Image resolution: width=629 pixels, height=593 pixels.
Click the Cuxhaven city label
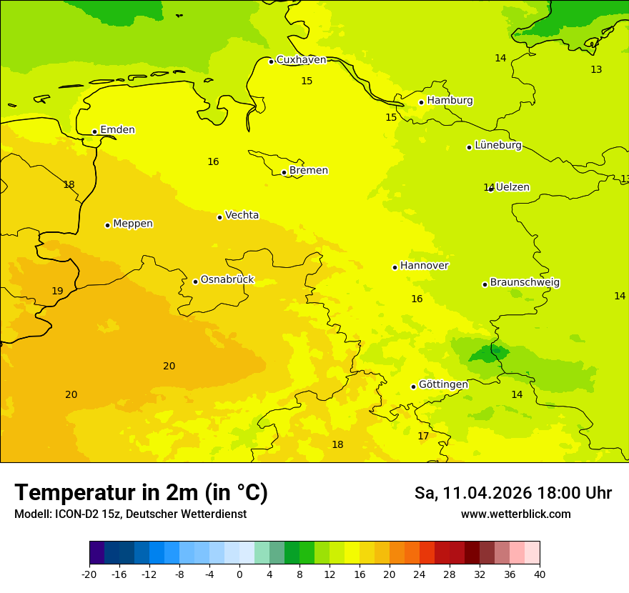[301, 60]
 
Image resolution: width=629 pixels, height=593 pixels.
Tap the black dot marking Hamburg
[421, 102]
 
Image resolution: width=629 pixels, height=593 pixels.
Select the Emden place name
[117, 130]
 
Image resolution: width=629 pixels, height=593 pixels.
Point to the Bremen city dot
[284, 172]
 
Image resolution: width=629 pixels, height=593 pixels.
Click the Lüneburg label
[497, 145]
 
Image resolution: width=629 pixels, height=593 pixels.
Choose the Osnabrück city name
[227, 279]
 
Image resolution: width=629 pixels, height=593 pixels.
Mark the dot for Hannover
[395, 267]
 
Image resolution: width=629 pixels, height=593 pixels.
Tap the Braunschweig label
[525, 282]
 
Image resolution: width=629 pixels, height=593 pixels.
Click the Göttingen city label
[443, 384]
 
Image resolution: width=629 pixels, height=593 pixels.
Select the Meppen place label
[132, 224]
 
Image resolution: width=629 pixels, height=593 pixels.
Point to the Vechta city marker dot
[219, 217]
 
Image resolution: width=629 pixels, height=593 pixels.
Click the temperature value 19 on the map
[57, 291]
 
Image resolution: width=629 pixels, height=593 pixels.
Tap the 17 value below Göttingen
[423, 436]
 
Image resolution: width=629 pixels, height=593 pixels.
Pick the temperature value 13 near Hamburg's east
[596, 69]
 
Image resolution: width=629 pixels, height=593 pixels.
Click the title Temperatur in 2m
[141, 492]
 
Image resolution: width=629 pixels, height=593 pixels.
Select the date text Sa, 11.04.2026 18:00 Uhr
[512, 493]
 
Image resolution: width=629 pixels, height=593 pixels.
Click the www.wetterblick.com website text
[515, 514]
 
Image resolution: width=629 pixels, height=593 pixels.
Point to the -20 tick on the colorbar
[89, 574]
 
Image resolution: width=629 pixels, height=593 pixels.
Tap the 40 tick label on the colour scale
[540, 574]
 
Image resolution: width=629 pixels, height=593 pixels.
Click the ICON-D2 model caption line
[130, 514]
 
